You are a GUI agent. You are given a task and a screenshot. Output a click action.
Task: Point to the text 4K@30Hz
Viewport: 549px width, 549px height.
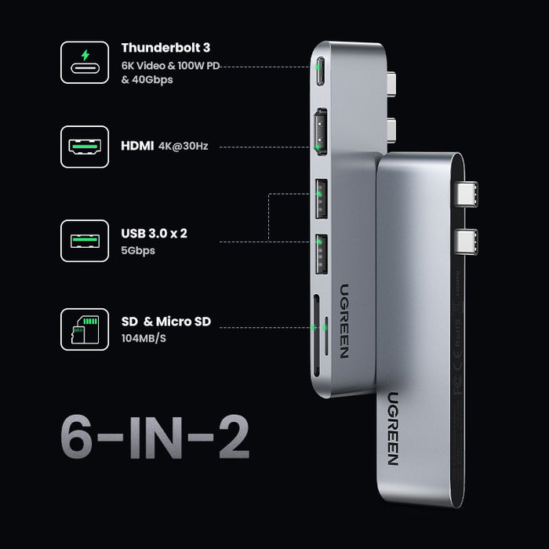point(182,146)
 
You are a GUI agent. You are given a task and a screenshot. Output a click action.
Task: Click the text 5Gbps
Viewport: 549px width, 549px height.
point(138,251)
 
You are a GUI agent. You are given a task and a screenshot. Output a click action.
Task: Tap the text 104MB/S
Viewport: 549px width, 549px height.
point(145,338)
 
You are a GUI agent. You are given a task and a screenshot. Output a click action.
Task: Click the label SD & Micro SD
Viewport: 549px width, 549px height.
point(166,321)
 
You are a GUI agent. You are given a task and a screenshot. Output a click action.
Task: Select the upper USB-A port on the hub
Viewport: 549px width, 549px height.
point(321,200)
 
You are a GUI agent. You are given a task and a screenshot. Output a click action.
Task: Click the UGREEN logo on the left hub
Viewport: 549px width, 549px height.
point(344,319)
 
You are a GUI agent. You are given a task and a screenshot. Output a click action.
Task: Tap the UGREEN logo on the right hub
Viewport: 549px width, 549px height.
point(392,427)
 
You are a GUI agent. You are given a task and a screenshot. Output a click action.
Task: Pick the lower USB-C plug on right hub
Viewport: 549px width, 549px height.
point(471,239)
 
